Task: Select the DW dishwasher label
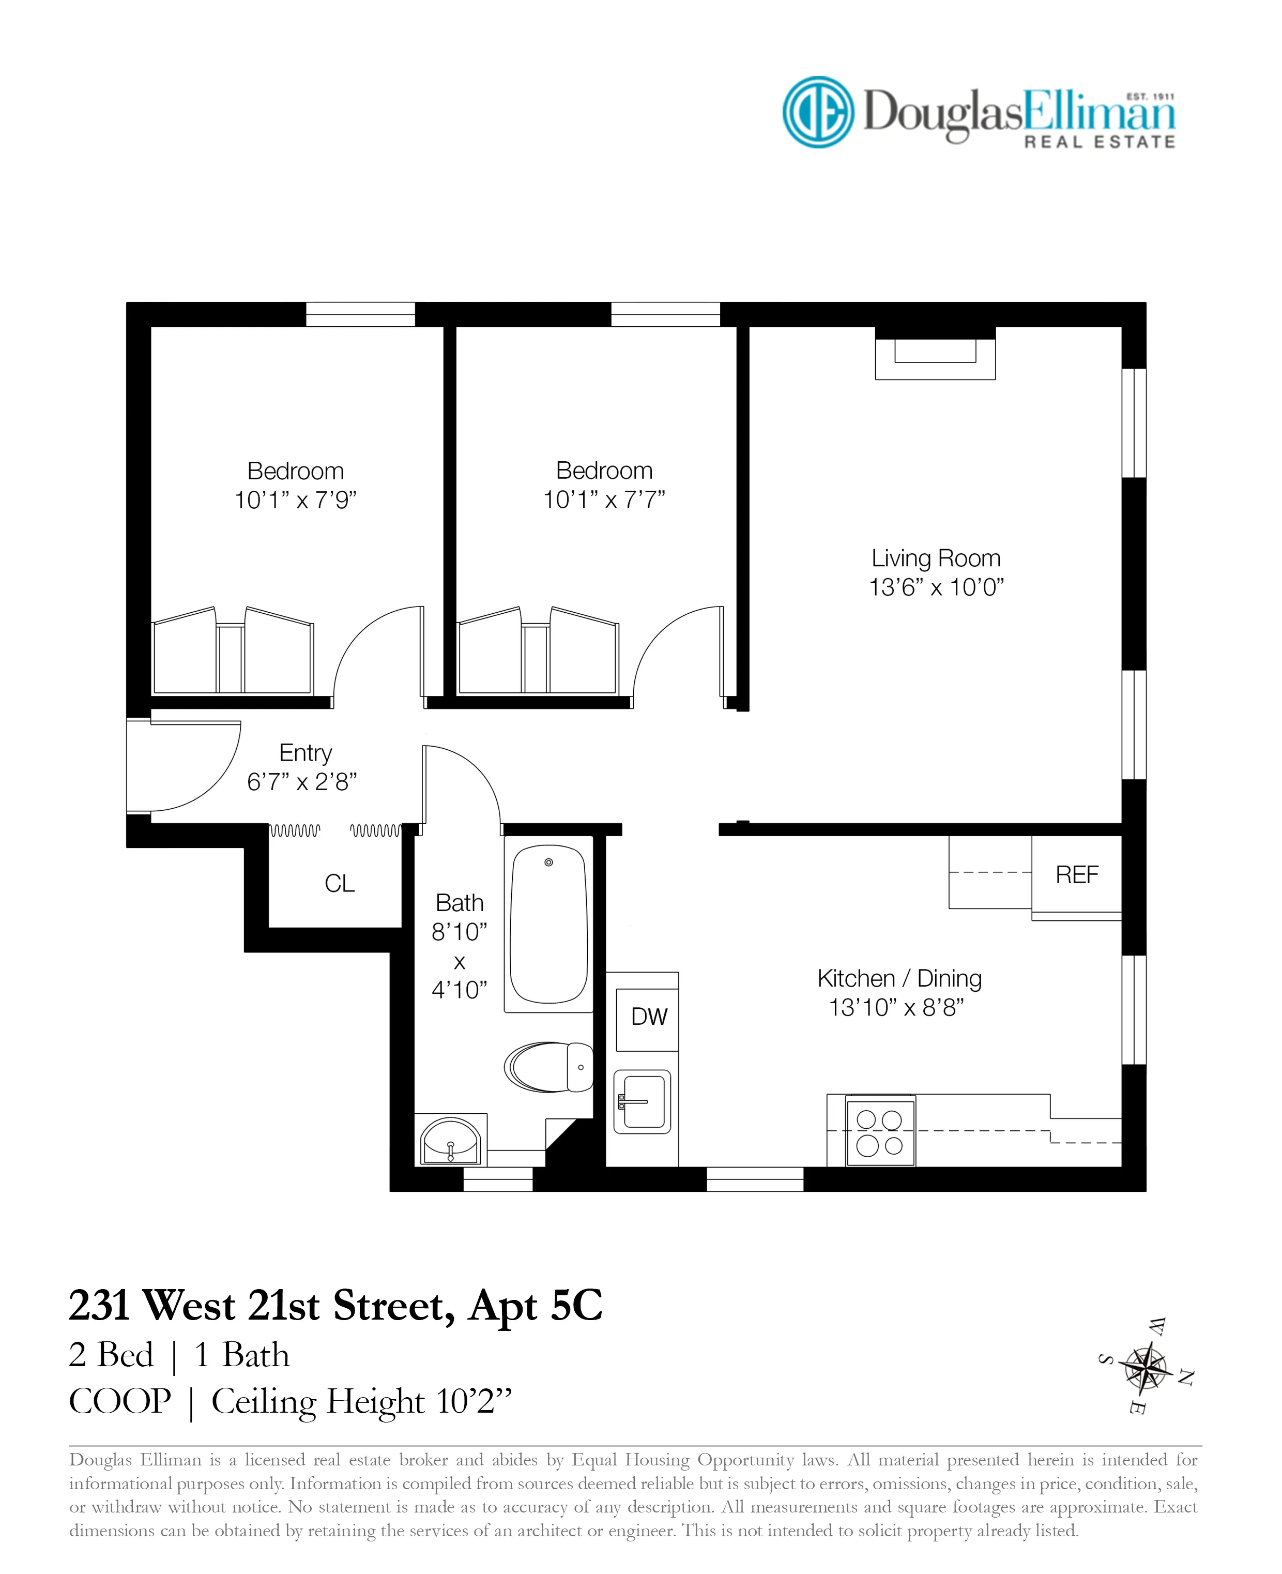pyautogui.click(x=648, y=1017)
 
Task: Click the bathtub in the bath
pyautogui.click(x=548, y=926)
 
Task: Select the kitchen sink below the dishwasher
pyautogui.click(x=643, y=1102)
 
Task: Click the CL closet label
pyautogui.click(x=339, y=883)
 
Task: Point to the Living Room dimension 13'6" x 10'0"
pyautogui.click(x=936, y=587)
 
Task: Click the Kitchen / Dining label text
pyautogui.click(x=899, y=979)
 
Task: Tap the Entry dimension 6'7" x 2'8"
pyautogui.click(x=301, y=781)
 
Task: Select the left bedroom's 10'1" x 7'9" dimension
pyautogui.click(x=295, y=500)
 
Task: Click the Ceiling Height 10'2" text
pyautogui.click(x=361, y=1402)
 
